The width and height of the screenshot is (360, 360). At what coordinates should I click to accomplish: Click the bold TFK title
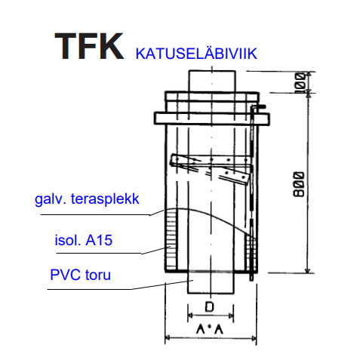[x=89, y=46]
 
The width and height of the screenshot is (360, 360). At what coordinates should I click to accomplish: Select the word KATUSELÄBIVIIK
[x=196, y=53]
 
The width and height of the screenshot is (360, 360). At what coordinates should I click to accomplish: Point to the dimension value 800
[x=299, y=184]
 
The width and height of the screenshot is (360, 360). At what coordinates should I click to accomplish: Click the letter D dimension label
[x=209, y=307]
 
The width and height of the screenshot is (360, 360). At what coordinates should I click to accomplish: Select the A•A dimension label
[x=210, y=329]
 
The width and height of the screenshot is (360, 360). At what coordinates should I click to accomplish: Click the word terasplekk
[x=105, y=199]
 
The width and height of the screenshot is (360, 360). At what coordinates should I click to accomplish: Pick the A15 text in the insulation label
[x=99, y=240]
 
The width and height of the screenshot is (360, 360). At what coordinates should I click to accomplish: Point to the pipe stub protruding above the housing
[x=212, y=81]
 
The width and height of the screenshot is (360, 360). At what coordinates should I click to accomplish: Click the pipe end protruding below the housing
[x=211, y=283]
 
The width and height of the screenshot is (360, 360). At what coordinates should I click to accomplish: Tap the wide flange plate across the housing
[x=212, y=118]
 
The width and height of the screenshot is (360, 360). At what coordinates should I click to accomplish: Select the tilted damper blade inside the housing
[x=211, y=169]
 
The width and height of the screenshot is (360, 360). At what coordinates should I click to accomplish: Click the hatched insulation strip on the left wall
[x=171, y=240]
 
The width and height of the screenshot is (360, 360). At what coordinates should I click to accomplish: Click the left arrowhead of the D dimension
[x=190, y=315]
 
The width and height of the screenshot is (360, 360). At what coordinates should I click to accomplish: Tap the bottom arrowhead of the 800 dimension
[x=307, y=270]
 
